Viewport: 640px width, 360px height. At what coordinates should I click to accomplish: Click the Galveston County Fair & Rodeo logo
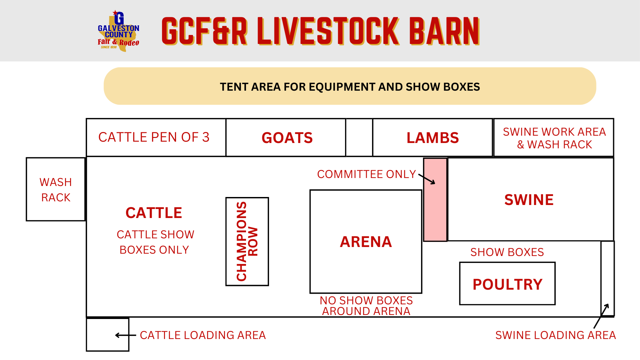(118, 31)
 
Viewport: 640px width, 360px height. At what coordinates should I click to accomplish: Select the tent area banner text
(350, 87)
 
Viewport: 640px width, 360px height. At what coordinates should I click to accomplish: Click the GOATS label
(287, 138)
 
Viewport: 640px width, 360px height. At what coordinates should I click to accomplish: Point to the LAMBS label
(433, 138)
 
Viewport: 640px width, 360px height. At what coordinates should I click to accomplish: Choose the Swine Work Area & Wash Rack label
(554, 138)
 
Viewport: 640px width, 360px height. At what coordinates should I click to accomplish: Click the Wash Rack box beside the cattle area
(56, 189)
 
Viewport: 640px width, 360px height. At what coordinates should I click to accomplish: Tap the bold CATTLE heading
(154, 213)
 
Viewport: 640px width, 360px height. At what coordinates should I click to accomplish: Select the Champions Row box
(247, 241)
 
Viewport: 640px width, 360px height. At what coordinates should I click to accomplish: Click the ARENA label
(366, 242)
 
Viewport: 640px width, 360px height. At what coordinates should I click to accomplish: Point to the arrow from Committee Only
(427, 179)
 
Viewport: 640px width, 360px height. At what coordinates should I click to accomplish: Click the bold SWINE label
(529, 200)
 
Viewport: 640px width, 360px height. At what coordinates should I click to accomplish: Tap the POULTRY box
(507, 284)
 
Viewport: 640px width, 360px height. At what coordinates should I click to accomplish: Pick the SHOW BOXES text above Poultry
(507, 252)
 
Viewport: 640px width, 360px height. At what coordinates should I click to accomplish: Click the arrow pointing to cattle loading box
(125, 335)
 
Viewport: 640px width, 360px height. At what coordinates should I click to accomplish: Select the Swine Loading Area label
(555, 335)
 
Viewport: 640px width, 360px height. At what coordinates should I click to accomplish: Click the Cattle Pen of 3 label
(154, 137)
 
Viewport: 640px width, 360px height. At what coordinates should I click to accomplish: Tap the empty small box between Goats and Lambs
(359, 137)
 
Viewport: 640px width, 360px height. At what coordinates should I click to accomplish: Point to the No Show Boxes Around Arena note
(366, 306)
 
